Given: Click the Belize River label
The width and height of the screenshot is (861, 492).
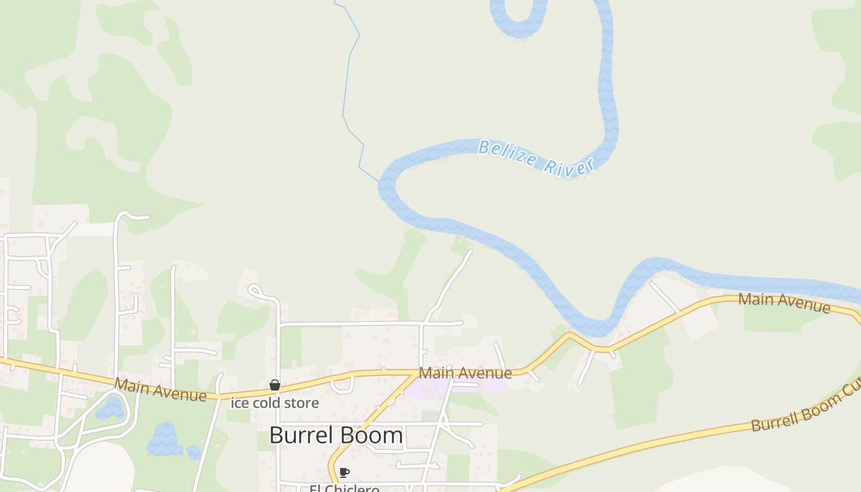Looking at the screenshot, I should pyautogui.click(x=536, y=158).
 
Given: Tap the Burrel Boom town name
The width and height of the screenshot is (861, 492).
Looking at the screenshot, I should pyautogui.click(x=336, y=435).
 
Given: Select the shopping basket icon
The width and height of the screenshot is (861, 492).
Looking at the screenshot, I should pyautogui.click(x=275, y=386).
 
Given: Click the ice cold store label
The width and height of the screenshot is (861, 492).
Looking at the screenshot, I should pyautogui.click(x=275, y=403).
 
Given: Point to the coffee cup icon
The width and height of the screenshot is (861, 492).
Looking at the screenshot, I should pyautogui.click(x=344, y=472).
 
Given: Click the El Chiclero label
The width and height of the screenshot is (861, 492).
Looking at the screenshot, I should pyautogui.click(x=344, y=488).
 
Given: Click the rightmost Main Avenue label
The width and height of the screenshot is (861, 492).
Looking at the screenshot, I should pyautogui.click(x=784, y=302).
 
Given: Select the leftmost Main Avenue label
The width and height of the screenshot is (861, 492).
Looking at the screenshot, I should pyautogui.click(x=161, y=390).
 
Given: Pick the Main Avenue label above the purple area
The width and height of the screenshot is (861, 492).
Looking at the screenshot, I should pyautogui.click(x=465, y=373).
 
